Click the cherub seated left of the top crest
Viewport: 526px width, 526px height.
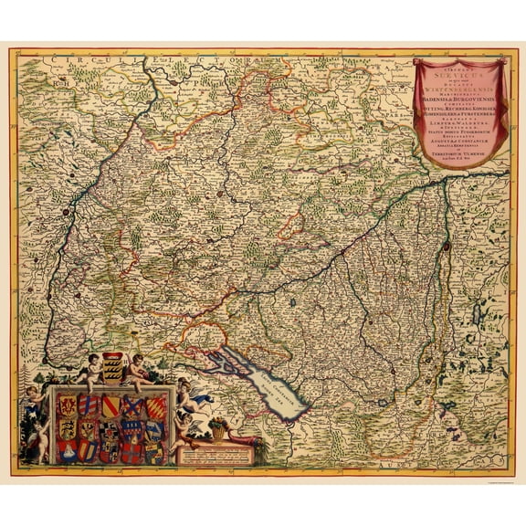90,369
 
